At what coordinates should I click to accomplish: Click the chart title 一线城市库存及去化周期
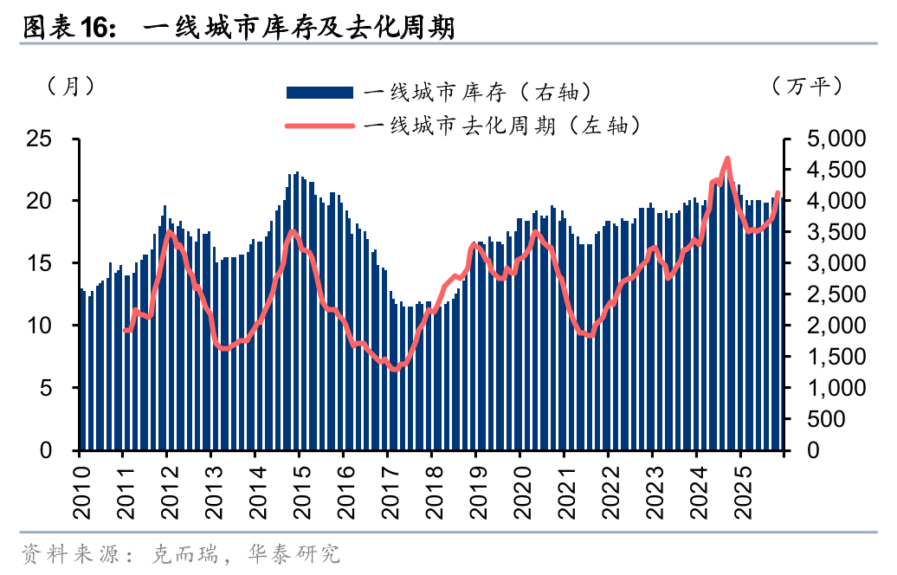pos(299,28)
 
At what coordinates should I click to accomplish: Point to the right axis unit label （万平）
pos(806,87)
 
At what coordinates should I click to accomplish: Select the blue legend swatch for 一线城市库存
pos(319,93)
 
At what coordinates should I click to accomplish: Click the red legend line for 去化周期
pos(319,126)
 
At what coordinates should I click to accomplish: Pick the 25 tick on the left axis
pos(38,139)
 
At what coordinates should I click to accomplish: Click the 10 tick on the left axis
pos(38,326)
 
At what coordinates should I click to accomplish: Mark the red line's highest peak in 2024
pos(727,158)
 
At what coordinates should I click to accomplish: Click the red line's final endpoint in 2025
pos(778,193)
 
